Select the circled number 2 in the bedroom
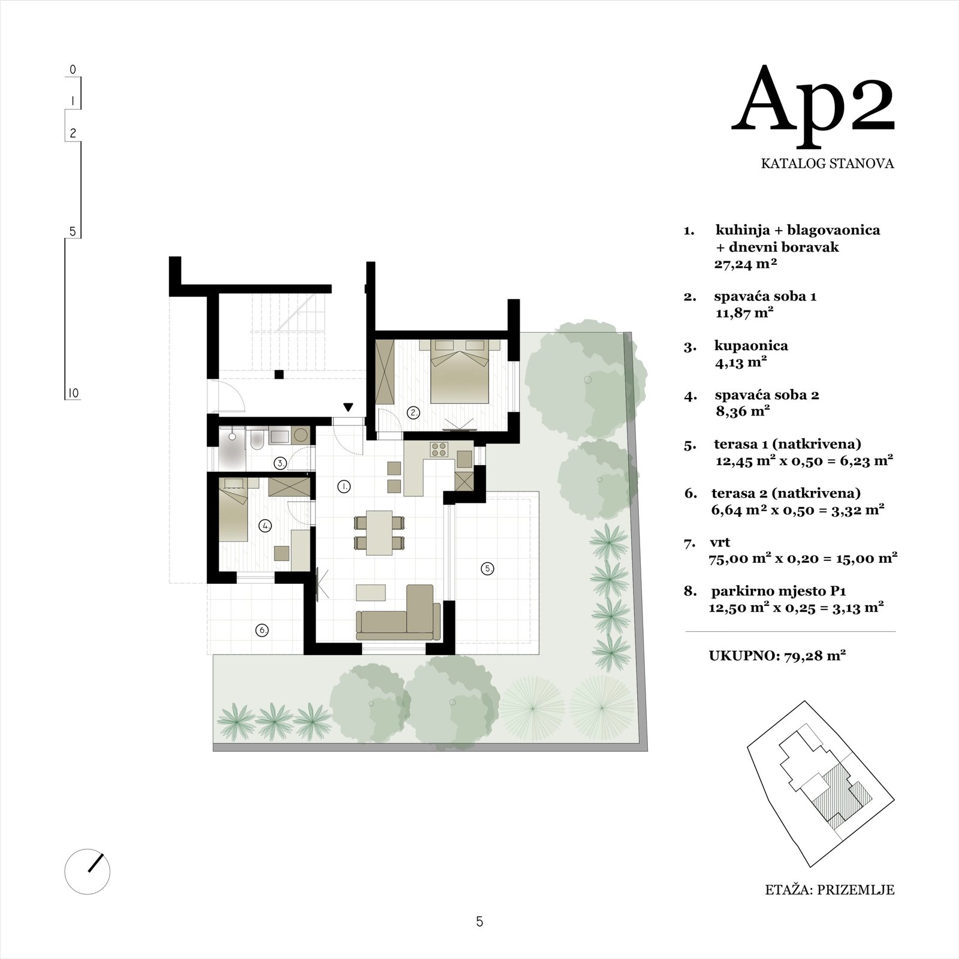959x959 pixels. coord(413,412)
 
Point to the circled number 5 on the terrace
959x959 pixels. coord(487,569)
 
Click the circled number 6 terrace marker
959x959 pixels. coord(262,630)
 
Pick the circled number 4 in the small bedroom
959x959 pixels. coord(265,526)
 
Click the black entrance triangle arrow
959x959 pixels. coord(348,408)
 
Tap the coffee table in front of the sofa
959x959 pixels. coord(372,592)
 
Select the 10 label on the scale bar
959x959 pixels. coord(73,393)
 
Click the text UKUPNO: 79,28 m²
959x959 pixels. coord(777,656)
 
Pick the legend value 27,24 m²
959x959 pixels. coord(746,263)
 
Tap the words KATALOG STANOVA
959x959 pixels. coord(828,163)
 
